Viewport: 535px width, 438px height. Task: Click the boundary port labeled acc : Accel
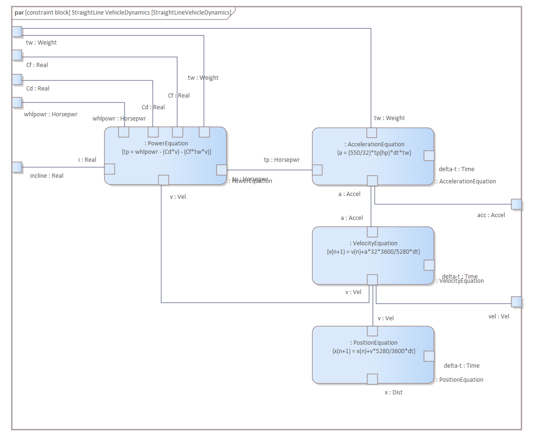click(x=516, y=204)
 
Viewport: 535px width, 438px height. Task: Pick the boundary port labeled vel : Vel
click(x=516, y=302)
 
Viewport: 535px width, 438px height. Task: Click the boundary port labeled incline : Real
click(x=17, y=167)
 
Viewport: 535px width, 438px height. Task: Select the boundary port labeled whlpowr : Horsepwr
click(x=17, y=102)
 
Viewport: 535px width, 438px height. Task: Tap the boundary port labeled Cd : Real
click(x=17, y=79)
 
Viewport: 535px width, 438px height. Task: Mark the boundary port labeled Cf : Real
click(x=17, y=55)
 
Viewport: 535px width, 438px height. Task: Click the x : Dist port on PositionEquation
click(x=372, y=379)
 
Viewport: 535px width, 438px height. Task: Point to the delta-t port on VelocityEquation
click(x=429, y=265)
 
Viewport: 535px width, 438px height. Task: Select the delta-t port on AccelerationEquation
click(x=429, y=156)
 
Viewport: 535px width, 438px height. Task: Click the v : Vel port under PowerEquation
click(x=163, y=180)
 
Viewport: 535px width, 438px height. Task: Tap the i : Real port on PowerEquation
click(x=109, y=169)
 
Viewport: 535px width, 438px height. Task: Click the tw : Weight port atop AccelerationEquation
click(x=371, y=132)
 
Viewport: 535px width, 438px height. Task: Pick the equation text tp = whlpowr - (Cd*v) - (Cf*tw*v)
click(x=166, y=151)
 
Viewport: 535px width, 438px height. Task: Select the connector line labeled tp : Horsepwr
click(x=270, y=170)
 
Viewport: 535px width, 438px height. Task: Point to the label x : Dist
click(x=393, y=392)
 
